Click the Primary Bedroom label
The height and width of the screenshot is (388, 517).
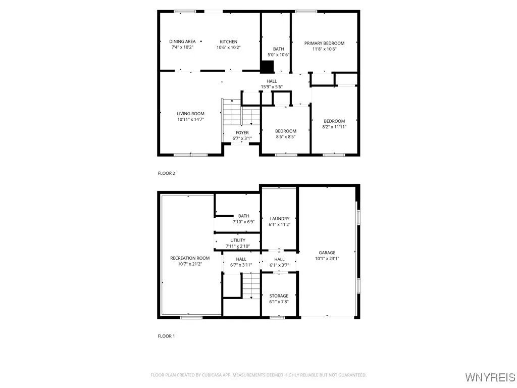324,43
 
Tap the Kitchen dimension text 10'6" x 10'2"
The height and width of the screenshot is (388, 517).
228,47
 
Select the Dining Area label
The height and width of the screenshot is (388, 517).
182,41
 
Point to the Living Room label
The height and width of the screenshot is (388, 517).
190,114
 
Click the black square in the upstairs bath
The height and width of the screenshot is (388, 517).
267,67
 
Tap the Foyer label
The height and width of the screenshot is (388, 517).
242,133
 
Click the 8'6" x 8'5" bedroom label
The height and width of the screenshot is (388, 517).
286,131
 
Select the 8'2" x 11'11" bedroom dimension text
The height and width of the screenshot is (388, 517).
334,127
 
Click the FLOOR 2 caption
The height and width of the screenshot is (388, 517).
167,173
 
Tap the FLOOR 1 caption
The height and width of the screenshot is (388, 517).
167,336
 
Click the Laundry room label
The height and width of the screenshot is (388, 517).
279,219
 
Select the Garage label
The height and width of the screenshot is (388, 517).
327,253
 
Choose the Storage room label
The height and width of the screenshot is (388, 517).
279,296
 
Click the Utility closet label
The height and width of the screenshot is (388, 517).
238,240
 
